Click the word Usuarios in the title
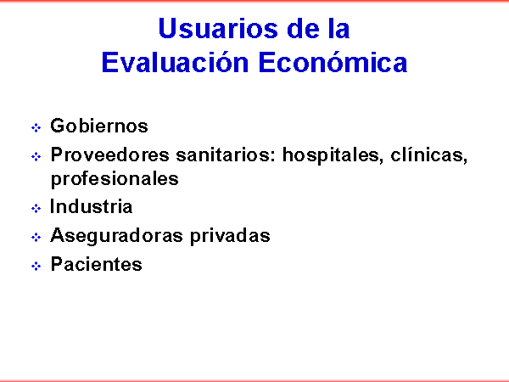tap(219, 28)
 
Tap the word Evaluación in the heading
tap(175, 62)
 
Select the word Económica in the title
tap(333, 62)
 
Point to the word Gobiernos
tap(99, 126)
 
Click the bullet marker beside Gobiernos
tap(36, 127)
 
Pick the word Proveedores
tap(109, 154)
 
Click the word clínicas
tap(428, 155)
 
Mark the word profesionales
tap(115, 179)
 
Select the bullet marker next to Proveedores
tap(36, 156)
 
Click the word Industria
tap(92, 206)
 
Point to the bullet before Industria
tap(36, 208)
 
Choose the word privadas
tap(230, 235)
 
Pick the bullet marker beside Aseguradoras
tap(36, 237)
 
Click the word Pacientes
tap(97, 264)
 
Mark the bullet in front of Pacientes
tap(36, 266)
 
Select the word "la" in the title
tap(339, 28)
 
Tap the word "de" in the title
tap(304, 28)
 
